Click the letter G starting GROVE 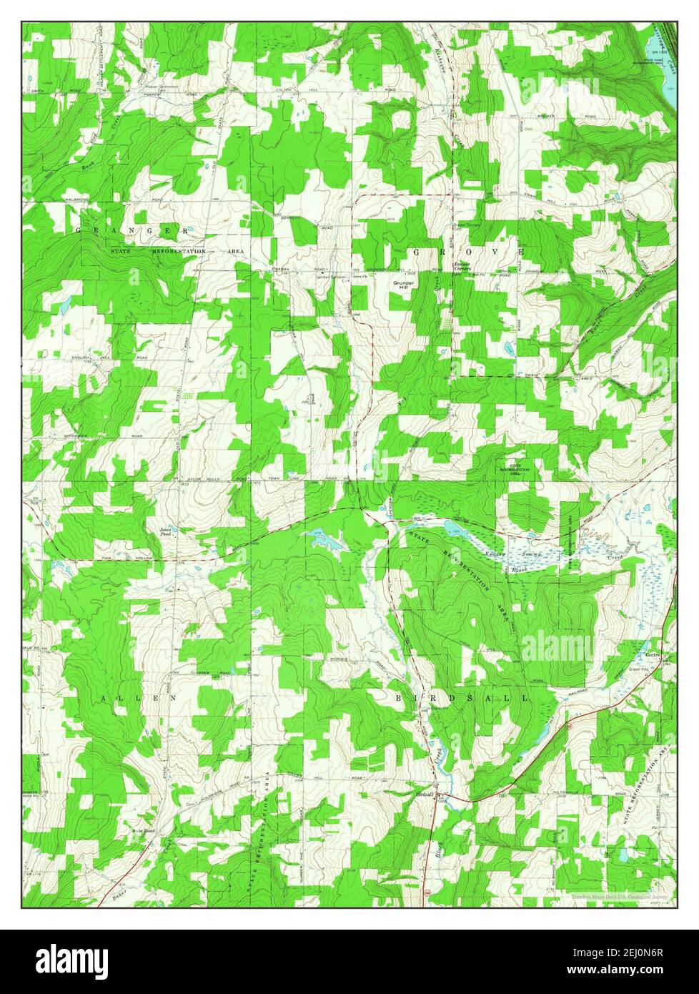(x=416, y=252)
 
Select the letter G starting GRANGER (x=79, y=231)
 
